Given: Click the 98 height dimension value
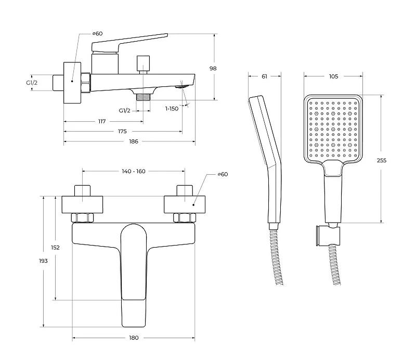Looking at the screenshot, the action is point(213,68).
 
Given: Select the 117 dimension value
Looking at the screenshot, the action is point(102,121).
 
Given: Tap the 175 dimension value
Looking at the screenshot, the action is point(122,131).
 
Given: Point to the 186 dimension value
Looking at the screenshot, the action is point(134,141).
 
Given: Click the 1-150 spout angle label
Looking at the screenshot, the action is point(172,109).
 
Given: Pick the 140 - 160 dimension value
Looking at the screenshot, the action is point(134,171).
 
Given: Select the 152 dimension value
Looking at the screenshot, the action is point(55,248).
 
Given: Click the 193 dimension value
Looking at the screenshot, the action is point(43,261).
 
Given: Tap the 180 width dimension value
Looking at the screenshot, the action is point(134,338).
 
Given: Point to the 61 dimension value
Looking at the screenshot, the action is point(264,76).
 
